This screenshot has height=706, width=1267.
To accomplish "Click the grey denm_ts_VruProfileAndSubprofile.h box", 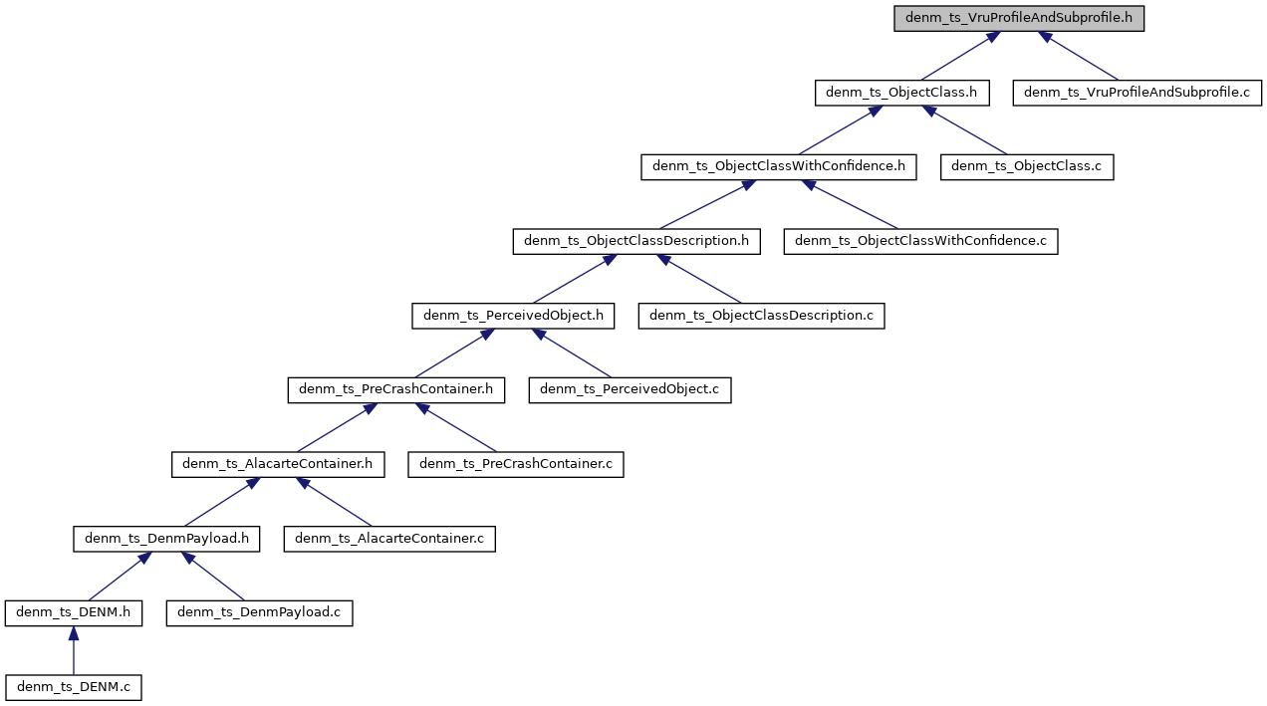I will pyautogui.click(x=1018, y=19).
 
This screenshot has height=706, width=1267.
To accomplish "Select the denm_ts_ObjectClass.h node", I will pyautogui.click(x=901, y=93).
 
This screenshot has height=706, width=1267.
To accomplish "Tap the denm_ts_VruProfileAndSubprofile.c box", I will pyautogui.click(x=1137, y=93).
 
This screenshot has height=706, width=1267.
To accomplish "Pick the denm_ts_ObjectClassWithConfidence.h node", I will pyautogui.click(x=778, y=166).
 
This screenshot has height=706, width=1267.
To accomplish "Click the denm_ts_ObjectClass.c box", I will pyautogui.click(x=1026, y=166).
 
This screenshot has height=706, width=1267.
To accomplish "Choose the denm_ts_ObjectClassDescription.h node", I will pyautogui.click(x=636, y=241).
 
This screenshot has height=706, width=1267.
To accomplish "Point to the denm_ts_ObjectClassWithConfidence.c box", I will pyautogui.click(x=920, y=241).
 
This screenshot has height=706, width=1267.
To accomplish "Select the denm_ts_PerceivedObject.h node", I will pyautogui.click(x=513, y=316).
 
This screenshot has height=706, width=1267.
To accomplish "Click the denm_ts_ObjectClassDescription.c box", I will pyautogui.click(x=761, y=316).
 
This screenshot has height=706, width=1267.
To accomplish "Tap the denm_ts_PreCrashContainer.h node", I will pyautogui.click(x=396, y=389).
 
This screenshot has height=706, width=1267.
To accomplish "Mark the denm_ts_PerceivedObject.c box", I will pyautogui.click(x=630, y=389).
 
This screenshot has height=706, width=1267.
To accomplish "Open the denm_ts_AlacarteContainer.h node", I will pyautogui.click(x=278, y=464).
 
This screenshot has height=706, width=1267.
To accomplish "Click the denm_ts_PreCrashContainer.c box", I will pyautogui.click(x=515, y=464).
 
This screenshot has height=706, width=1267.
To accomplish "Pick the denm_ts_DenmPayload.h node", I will pyautogui.click(x=166, y=539).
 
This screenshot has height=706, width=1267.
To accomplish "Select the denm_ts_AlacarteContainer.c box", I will pyautogui.click(x=389, y=539).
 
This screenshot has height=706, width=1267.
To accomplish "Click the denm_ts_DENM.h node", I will pyautogui.click(x=73, y=612).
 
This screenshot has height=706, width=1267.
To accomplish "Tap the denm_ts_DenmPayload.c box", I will pyautogui.click(x=259, y=612).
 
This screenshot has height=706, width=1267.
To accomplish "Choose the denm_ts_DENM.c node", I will pyautogui.click(x=73, y=687).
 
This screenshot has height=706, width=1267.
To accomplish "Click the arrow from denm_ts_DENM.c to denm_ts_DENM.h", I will pyautogui.click(x=73, y=651).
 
